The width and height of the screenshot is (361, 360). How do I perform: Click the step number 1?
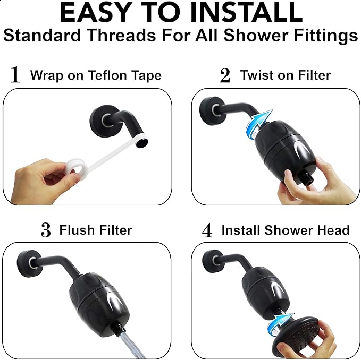(15, 75)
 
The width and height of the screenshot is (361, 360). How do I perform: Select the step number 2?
(225, 76)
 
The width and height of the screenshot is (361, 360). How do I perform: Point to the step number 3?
(46, 230)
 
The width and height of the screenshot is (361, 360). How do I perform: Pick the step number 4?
(207, 231)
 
